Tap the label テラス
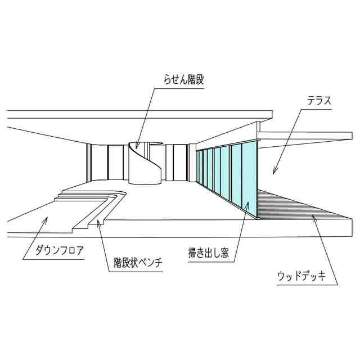click(x=318, y=101)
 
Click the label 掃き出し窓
click(x=208, y=253)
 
